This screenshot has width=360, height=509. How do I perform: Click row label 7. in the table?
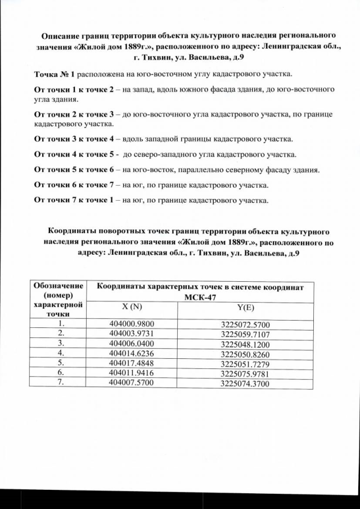tap(63, 383)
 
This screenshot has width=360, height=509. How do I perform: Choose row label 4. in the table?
tap(63, 353)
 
